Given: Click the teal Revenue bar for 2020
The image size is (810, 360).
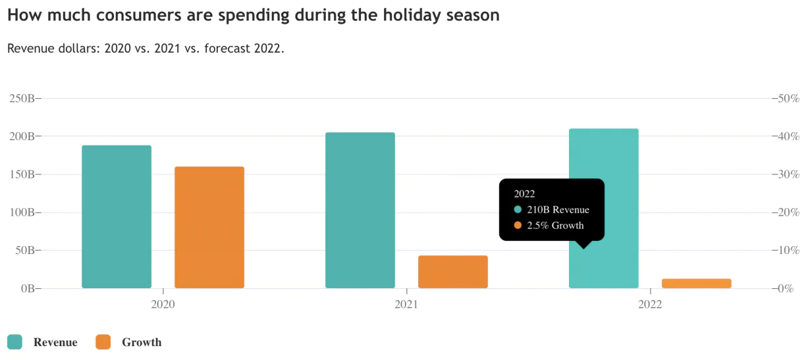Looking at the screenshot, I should pyautogui.click(x=117, y=217).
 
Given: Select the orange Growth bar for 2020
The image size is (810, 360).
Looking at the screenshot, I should pyautogui.click(x=209, y=227).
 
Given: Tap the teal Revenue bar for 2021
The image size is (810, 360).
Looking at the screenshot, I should pyautogui.click(x=360, y=210).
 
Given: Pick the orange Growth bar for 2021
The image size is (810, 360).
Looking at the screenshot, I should pyautogui.click(x=453, y=272).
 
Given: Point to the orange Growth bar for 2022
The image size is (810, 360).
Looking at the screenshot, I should pyautogui.click(x=697, y=283).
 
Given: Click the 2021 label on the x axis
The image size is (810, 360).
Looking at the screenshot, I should pyautogui.click(x=406, y=305).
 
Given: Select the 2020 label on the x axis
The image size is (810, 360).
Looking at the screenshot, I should pyautogui.click(x=163, y=305).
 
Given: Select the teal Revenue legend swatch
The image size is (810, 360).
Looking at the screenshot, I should pyautogui.click(x=14, y=342).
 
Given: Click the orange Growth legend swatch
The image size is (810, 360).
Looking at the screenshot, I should pyautogui.click(x=103, y=342).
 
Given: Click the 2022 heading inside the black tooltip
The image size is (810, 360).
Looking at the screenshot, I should pyautogui.click(x=524, y=194).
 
